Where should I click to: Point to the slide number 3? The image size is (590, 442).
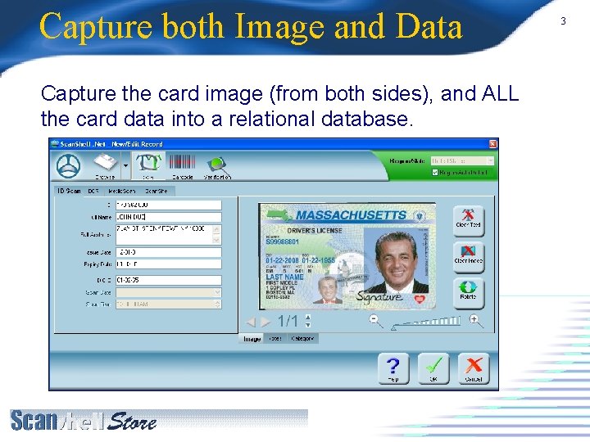tap(563, 20)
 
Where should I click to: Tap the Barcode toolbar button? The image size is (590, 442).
tap(182, 165)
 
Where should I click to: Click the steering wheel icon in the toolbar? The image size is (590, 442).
tap(69, 165)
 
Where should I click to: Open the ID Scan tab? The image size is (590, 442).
tap(67, 192)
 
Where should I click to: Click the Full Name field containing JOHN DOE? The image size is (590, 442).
tap(168, 217)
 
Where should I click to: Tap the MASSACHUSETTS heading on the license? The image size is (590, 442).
tap(351, 215)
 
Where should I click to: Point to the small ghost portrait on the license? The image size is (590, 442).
tap(328, 289)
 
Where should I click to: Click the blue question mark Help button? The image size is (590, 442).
tap(393, 368)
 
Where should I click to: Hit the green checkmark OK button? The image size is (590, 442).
tap(433, 368)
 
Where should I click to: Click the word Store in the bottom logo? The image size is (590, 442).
tap(131, 422)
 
